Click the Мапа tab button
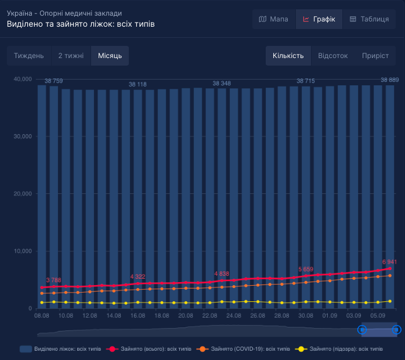tap(273, 19)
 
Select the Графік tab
tap(319, 19)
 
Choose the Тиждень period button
tap(29, 56)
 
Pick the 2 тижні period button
tap(71, 56)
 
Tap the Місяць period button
tap(110, 56)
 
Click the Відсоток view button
tap(333, 56)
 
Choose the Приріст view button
tap(375, 56)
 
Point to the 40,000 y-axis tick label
tap(22, 79)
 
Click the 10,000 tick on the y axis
tap(22, 251)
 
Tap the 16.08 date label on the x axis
tap(138, 315)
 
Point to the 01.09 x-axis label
tap(330, 315)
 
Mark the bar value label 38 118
tap(138, 85)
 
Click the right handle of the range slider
tap(397, 330)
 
